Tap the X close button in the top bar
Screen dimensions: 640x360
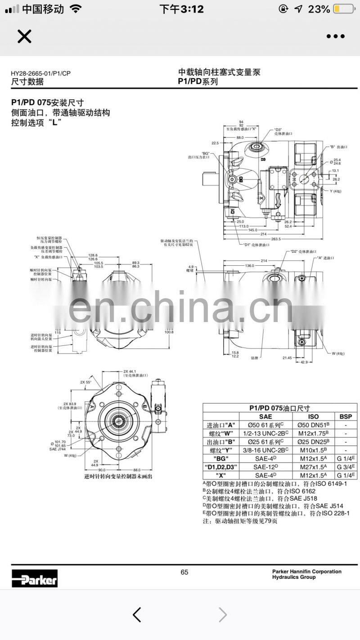(x=24, y=36)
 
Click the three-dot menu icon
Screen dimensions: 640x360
(x=335, y=36)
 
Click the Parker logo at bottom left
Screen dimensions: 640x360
(x=35, y=578)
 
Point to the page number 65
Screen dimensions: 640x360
(x=184, y=572)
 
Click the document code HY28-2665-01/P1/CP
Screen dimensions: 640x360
(x=41, y=73)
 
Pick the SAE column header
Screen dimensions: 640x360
(x=265, y=416)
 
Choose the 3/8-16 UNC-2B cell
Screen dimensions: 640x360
(x=265, y=450)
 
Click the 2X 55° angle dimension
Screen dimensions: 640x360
(x=85, y=382)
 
